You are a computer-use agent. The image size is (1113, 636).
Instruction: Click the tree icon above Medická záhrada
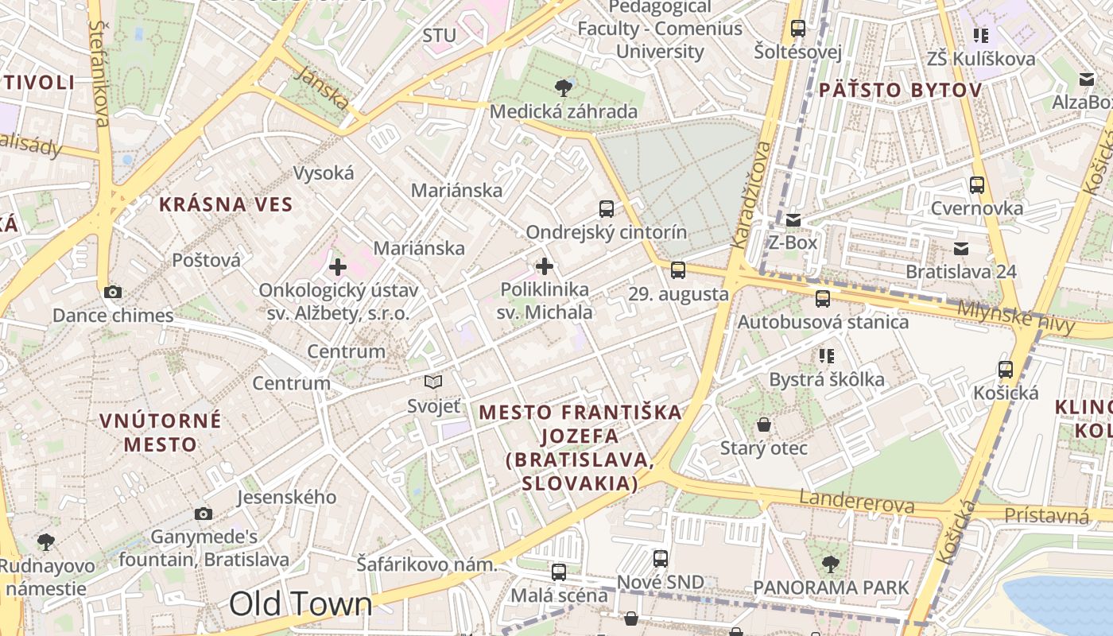click(564, 87)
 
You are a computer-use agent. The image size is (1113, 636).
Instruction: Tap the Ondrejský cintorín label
click(607, 232)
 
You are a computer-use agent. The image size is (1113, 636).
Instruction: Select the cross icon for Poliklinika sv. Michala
click(545, 266)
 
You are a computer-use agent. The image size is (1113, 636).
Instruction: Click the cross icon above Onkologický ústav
click(338, 267)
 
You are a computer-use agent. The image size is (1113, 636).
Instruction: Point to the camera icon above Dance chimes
click(113, 292)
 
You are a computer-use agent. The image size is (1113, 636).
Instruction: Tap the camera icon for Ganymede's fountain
click(204, 514)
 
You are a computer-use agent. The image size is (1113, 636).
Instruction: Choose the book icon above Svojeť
click(433, 382)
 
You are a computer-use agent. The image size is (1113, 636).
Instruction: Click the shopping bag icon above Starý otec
click(764, 425)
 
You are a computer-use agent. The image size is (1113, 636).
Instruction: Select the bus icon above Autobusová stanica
click(823, 299)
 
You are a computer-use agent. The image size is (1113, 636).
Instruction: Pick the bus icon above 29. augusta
click(678, 270)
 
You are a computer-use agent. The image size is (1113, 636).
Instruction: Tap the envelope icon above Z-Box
click(793, 219)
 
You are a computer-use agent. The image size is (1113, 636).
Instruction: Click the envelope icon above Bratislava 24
click(961, 249)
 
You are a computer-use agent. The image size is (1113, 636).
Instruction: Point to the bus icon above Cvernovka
click(977, 185)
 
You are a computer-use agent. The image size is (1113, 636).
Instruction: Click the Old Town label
click(301, 605)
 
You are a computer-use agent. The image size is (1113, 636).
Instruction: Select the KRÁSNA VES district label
click(226, 204)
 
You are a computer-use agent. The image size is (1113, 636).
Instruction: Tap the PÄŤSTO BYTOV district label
click(899, 90)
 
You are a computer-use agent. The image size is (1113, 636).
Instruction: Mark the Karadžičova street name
click(751, 195)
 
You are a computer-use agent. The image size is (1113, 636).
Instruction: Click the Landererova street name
click(857, 502)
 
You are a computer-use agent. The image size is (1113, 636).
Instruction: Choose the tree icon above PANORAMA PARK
click(831, 564)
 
